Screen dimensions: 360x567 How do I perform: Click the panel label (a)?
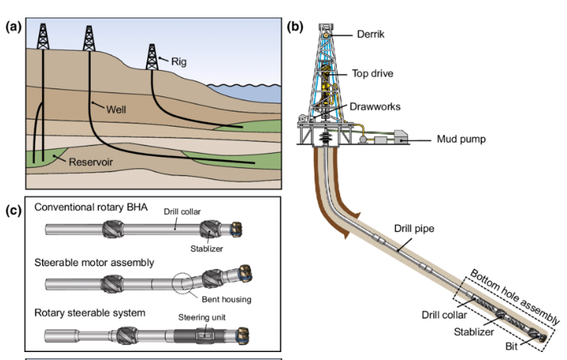pos(13,25)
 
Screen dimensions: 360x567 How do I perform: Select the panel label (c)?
pos(13,210)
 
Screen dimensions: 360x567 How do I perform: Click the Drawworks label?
pos(376,106)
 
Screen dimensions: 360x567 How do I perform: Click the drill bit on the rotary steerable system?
pos(240,335)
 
